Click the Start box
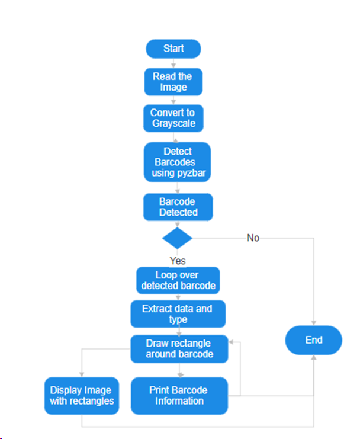coord(173,49)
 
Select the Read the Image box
coord(173,82)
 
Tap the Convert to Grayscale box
coord(173,118)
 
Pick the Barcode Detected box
coord(178,207)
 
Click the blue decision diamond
coord(178,239)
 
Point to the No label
coord(253,238)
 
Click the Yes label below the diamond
coord(178,261)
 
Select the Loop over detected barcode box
coord(178,280)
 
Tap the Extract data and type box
coord(178,314)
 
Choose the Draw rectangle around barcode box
coord(179,349)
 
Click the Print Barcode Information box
coord(179,395)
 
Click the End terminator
coord(314,340)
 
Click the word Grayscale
coord(173,124)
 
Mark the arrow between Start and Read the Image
coord(173,63)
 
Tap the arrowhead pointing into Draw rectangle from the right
coord(232,342)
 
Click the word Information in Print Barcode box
coord(179,401)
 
